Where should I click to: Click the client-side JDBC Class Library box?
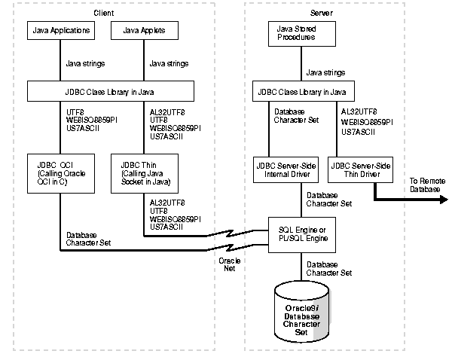point(111,92)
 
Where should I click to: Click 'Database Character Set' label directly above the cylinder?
point(328,268)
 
